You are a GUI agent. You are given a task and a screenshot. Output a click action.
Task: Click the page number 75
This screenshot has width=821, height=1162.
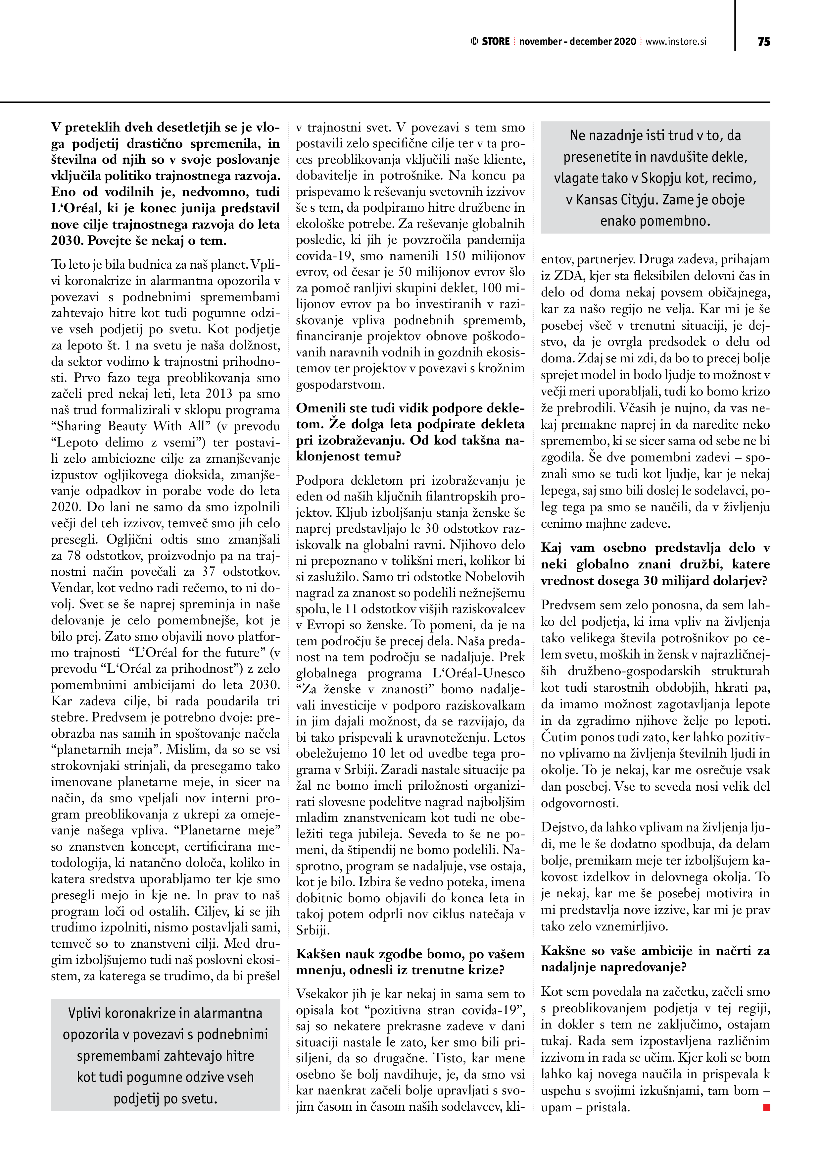764,41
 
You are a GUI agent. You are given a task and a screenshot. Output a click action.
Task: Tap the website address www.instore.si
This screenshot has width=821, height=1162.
676,41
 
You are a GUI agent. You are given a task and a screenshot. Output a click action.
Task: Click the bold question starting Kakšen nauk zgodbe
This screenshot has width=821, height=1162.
410,962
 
